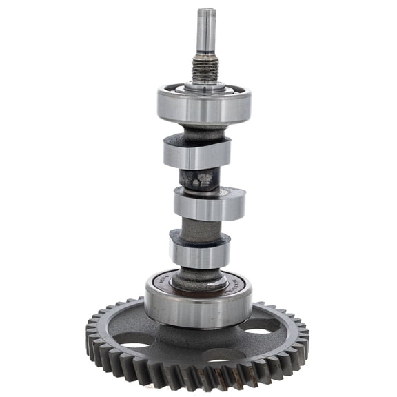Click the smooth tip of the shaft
(x=205, y=31)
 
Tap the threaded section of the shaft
(x=205, y=68)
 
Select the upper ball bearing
(x=204, y=107)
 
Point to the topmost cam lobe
(x=196, y=153)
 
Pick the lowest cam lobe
(x=199, y=252)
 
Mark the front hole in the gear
(x=223, y=356)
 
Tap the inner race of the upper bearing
(x=203, y=88)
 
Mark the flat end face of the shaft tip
(x=205, y=10)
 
